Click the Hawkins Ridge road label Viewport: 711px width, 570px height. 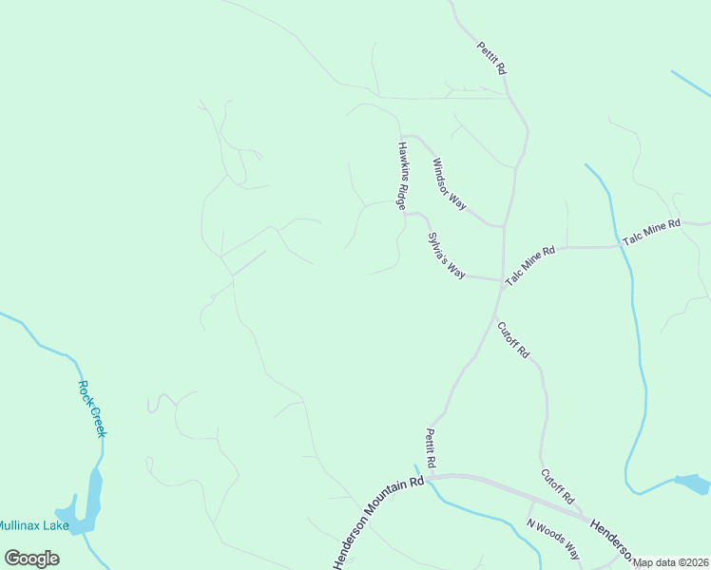pos(403,176)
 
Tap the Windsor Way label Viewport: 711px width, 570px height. pos(449,183)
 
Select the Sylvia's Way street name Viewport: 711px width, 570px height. pos(446,255)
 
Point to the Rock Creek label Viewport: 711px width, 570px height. pos(91,408)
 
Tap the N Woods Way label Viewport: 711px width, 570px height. pos(553,538)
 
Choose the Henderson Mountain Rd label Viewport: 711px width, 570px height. pos(378,523)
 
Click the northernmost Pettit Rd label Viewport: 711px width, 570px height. pos(492,58)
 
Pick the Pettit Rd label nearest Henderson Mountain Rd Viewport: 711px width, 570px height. pos(431,447)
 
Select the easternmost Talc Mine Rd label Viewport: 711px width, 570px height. pos(653,233)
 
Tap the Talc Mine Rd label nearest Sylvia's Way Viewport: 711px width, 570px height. pos(529,266)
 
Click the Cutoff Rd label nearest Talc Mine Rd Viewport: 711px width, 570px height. pos(513,339)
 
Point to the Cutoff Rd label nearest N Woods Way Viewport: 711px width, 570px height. pos(558,485)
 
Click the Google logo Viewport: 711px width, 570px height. pos(31,559)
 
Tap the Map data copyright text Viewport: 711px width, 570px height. pos(671,562)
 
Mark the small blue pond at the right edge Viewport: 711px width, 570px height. pos(692,484)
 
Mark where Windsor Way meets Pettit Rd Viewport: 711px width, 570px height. pos(503,226)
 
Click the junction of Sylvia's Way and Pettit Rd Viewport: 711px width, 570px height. pos(501,280)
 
